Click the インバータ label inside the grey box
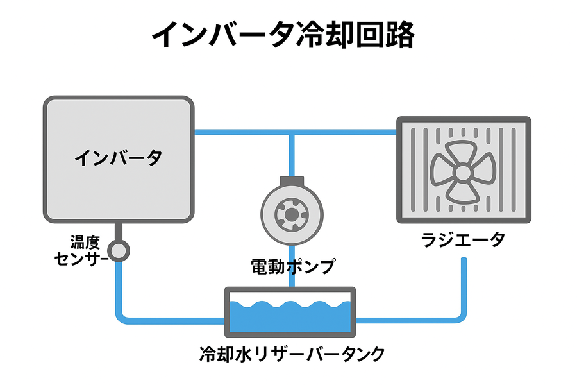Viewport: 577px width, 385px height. coord(118,157)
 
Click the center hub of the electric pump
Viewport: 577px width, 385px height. coord(291,216)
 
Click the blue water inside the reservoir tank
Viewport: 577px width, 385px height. coord(290,318)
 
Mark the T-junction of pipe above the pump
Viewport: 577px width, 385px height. coord(291,133)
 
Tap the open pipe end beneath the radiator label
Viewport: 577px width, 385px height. coord(464,261)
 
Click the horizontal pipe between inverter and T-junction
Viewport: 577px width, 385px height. coord(240,133)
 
